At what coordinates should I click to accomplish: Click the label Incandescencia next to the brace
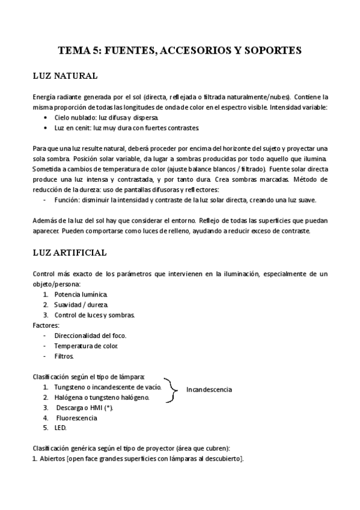coord(209,390)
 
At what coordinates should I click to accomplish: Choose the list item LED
coord(60,428)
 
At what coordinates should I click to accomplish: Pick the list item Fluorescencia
coord(76,417)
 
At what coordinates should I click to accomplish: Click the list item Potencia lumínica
coord(81,294)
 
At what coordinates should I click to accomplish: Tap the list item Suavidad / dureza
coord(81,304)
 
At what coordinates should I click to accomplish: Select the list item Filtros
coord(64,356)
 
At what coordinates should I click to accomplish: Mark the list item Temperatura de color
coord(86,346)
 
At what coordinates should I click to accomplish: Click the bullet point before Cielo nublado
coord(47,118)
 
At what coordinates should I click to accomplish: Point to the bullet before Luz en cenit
coord(47,128)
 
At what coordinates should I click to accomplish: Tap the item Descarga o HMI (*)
coord(84,407)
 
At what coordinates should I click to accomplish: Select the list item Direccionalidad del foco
coord(90,336)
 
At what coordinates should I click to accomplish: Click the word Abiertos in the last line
coord(53,459)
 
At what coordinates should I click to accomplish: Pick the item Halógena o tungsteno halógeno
coord(101,397)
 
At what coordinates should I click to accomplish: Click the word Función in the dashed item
coord(67,200)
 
